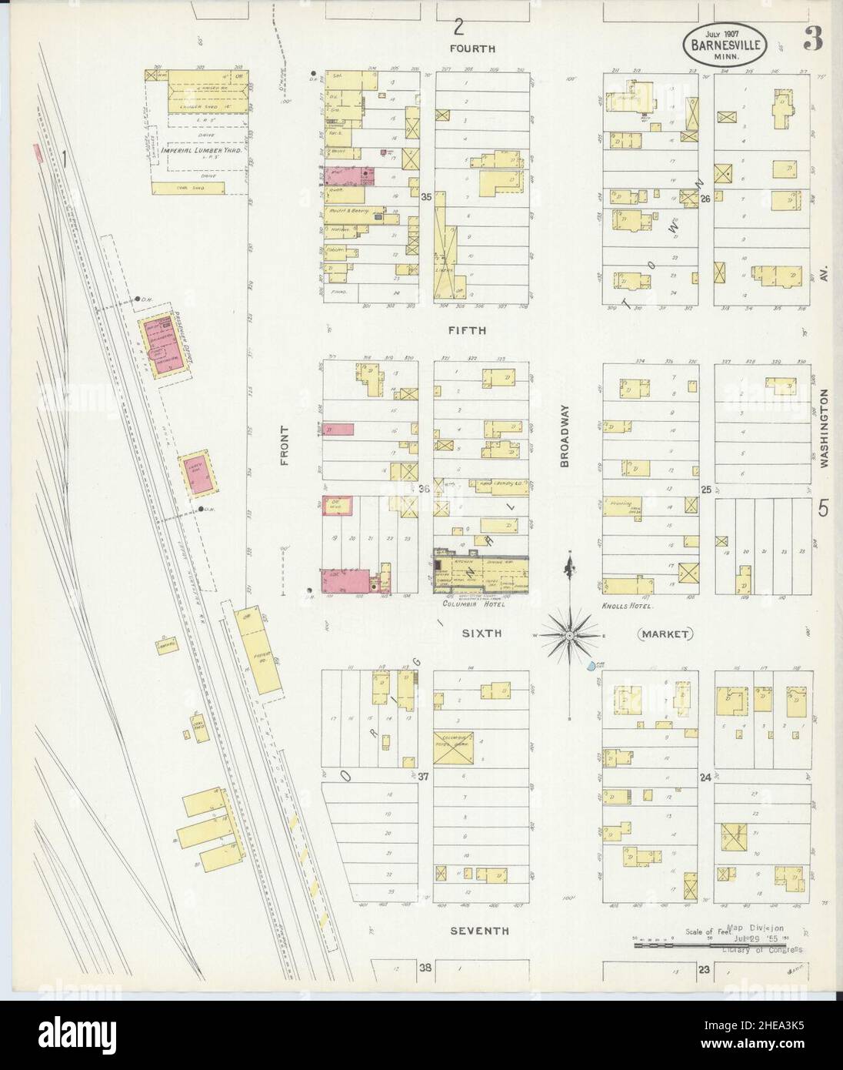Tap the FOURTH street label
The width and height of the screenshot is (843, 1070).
pyautogui.click(x=473, y=48)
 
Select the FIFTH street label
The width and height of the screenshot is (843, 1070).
pyautogui.click(x=472, y=330)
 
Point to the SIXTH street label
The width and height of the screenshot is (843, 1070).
pyautogui.click(x=481, y=633)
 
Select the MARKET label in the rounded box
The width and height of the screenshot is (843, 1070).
pyautogui.click(x=665, y=634)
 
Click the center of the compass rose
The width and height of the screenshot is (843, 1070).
pyautogui.click(x=568, y=635)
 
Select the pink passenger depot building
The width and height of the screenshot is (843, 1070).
pyautogui.click(x=163, y=342)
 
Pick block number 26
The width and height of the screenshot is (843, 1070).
pyautogui.click(x=705, y=199)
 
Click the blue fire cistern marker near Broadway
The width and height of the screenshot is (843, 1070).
pyautogui.click(x=590, y=665)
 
